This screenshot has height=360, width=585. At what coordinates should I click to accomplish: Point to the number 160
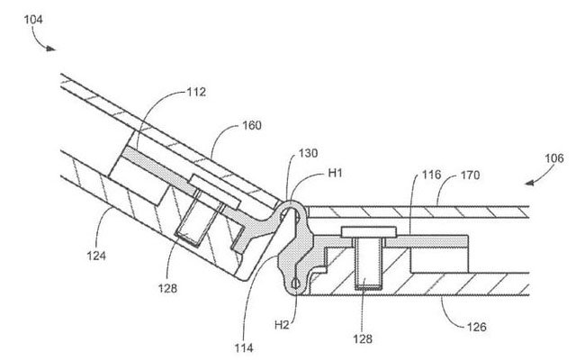(253, 126)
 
